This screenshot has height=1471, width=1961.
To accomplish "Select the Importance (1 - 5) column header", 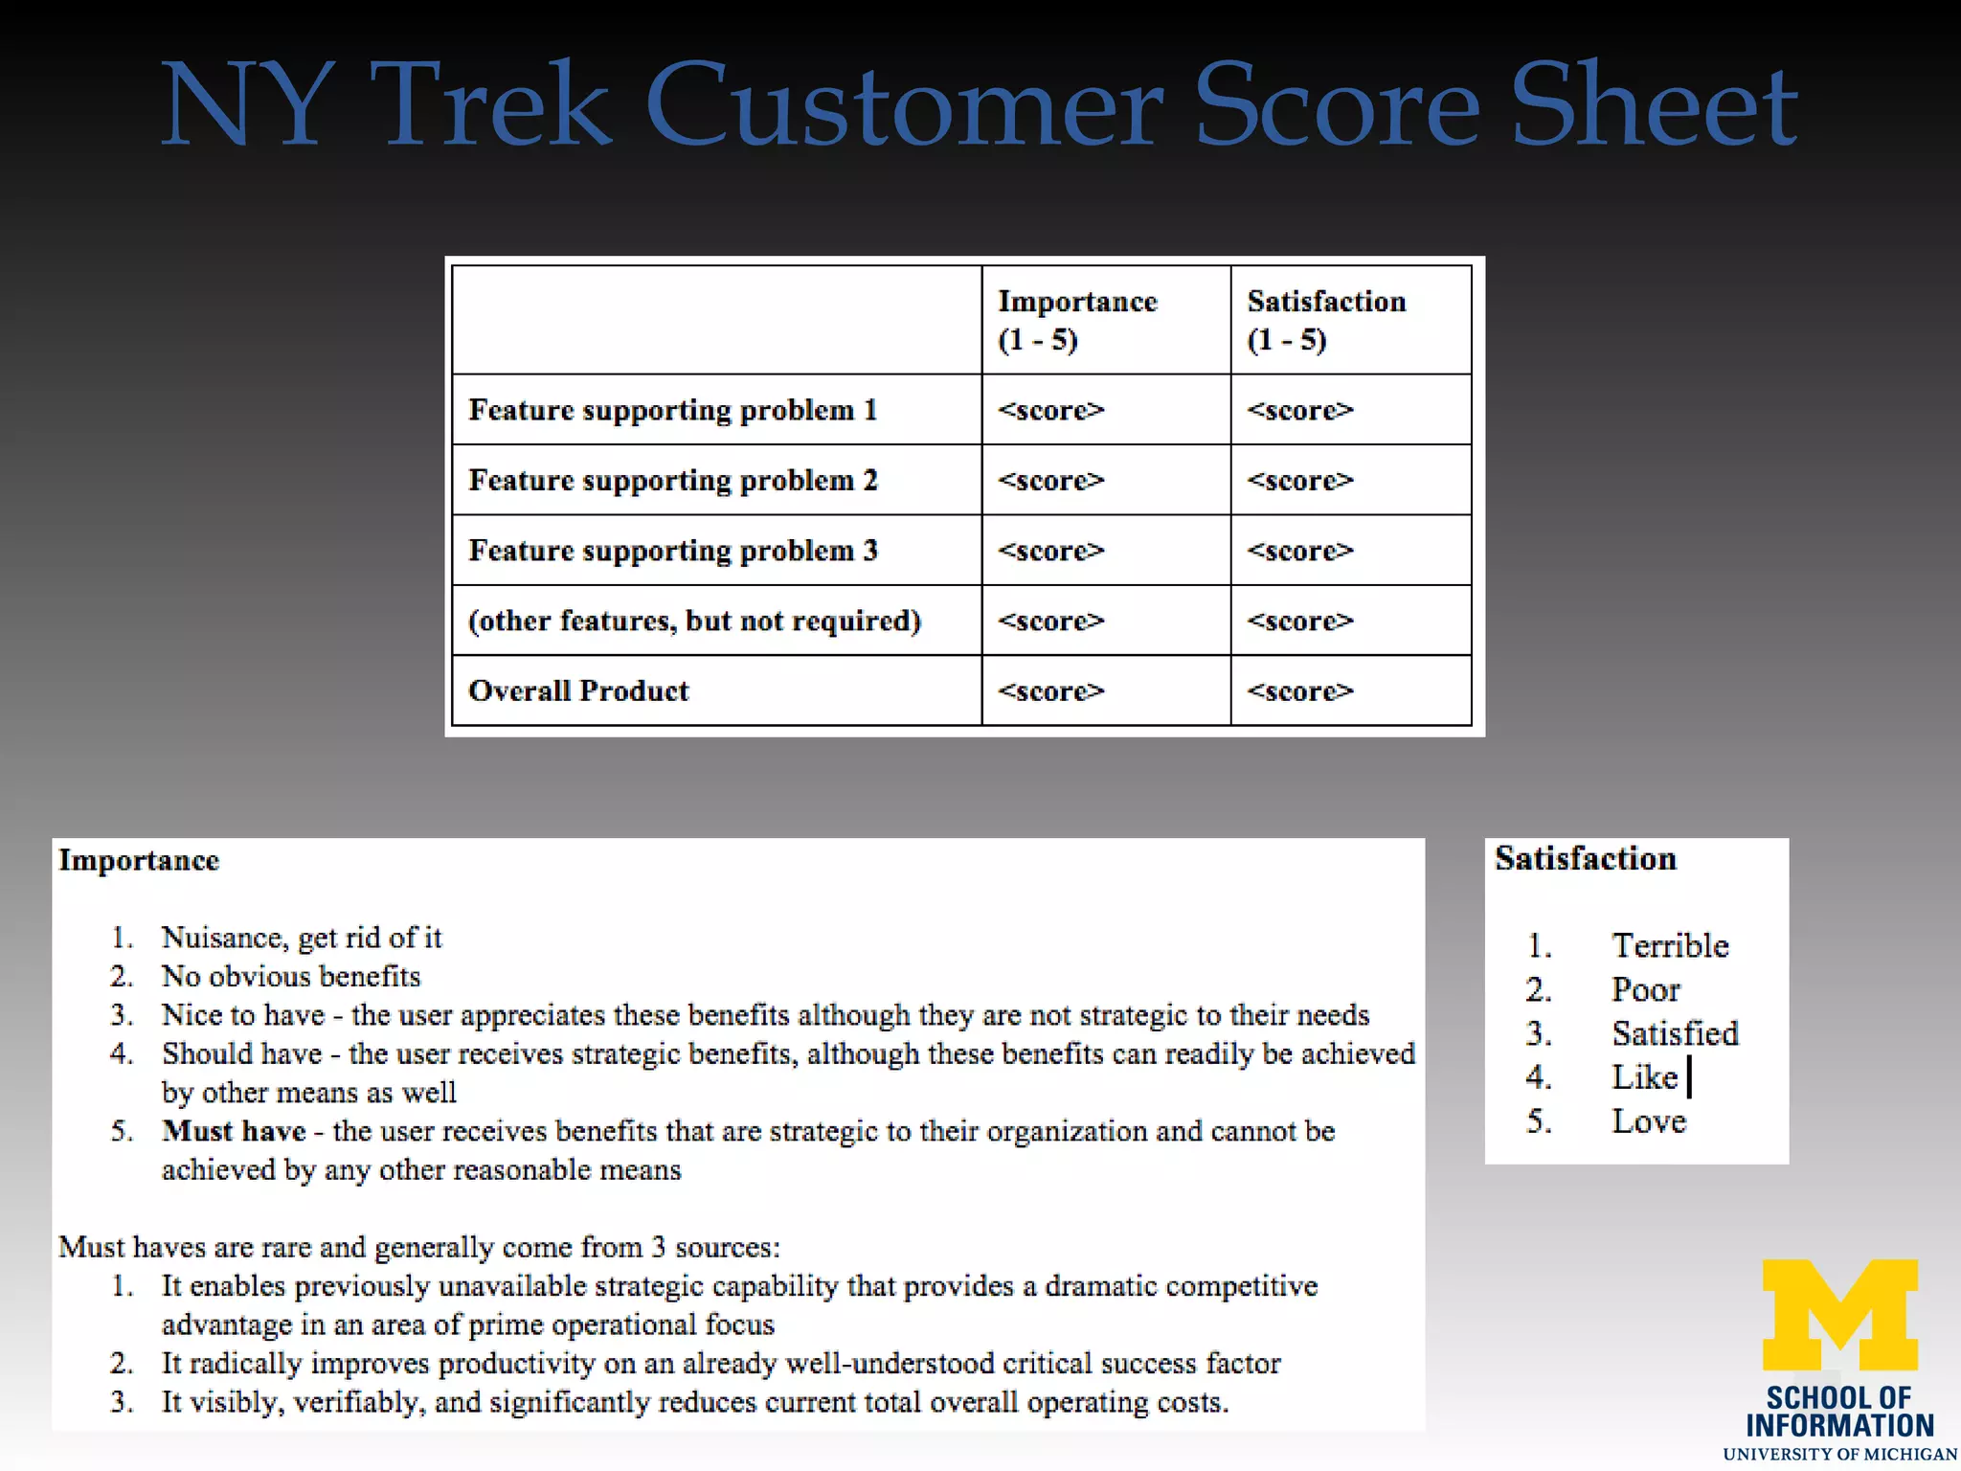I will [1077, 320].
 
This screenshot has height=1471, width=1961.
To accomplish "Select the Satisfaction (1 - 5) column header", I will [1326, 320].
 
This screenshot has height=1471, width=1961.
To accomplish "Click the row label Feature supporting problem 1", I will [672, 410].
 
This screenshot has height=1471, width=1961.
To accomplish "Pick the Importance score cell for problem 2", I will [1051, 480].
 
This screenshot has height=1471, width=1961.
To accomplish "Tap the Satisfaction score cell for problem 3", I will [1300, 551].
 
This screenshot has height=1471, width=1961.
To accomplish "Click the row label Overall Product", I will [578, 690].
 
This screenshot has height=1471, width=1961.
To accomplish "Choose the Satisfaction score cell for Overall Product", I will [1300, 690].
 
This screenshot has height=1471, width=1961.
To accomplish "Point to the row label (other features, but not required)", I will [694, 621].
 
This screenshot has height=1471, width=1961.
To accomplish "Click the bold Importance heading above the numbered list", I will [139, 860].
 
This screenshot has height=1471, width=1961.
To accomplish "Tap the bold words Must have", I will [234, 1131].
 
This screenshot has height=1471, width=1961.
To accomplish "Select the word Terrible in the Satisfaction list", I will [1670, 946].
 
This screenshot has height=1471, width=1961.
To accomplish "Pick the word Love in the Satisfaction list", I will [1648, 1121].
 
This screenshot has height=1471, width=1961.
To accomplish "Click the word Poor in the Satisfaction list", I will [1645, 990].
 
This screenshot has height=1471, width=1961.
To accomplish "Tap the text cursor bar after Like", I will [1689, 1076].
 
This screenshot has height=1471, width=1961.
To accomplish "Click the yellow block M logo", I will [1839, 1314].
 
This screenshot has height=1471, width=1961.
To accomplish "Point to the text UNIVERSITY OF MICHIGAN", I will [1839, 1454].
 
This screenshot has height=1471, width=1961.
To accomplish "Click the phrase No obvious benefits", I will [291, 976].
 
